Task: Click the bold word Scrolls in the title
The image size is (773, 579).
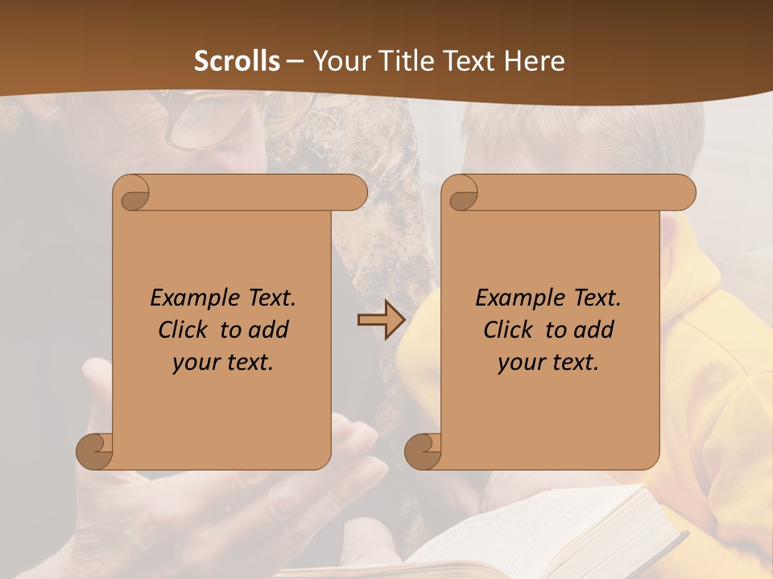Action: [238, 61]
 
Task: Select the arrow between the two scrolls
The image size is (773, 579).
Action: [381, 320]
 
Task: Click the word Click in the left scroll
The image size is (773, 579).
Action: [184, 330]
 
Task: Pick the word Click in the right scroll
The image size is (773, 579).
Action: [508, 330]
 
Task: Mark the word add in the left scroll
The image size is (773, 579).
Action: [270, 330]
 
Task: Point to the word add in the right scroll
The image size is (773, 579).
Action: [595, 330]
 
